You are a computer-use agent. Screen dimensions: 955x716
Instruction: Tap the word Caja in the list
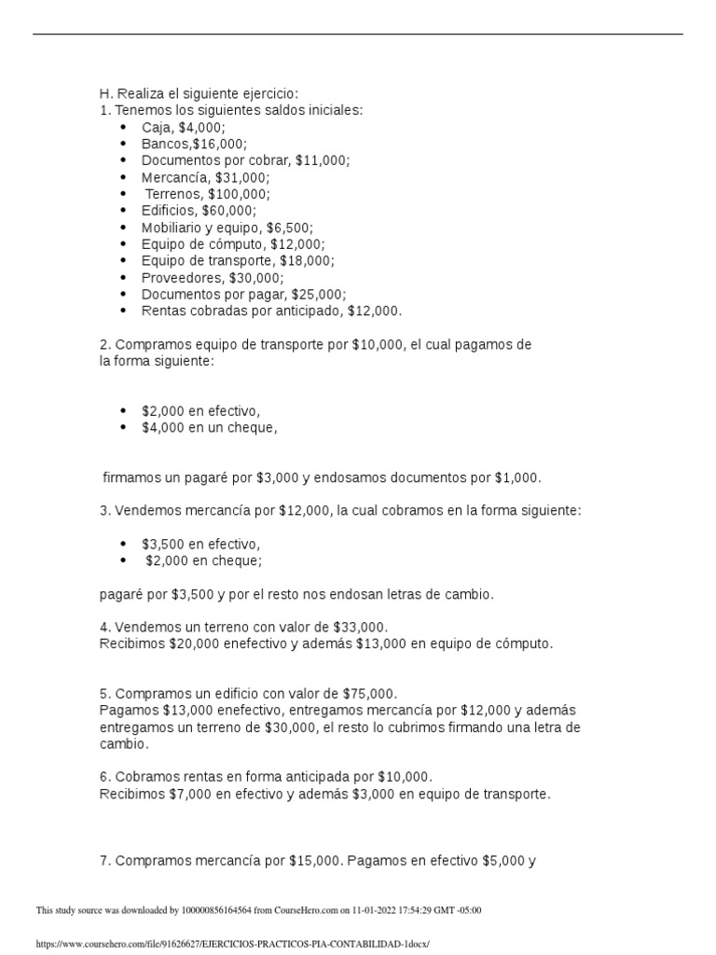point(157,127)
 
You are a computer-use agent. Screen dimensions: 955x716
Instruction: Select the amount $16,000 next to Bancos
point(219,144)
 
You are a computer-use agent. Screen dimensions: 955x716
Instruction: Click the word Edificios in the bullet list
point(169,211)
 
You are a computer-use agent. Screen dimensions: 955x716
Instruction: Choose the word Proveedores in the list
point(179,278)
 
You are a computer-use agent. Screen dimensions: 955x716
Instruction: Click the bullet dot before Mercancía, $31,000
point(124,177)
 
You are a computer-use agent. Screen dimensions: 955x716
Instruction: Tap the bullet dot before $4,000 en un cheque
point(124,429)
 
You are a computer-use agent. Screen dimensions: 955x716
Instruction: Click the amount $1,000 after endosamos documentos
point(516,477)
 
